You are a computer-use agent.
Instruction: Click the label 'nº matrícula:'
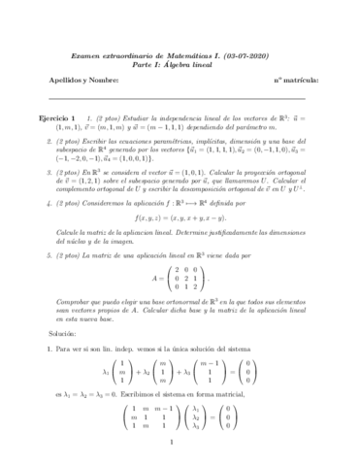coord(291,81)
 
